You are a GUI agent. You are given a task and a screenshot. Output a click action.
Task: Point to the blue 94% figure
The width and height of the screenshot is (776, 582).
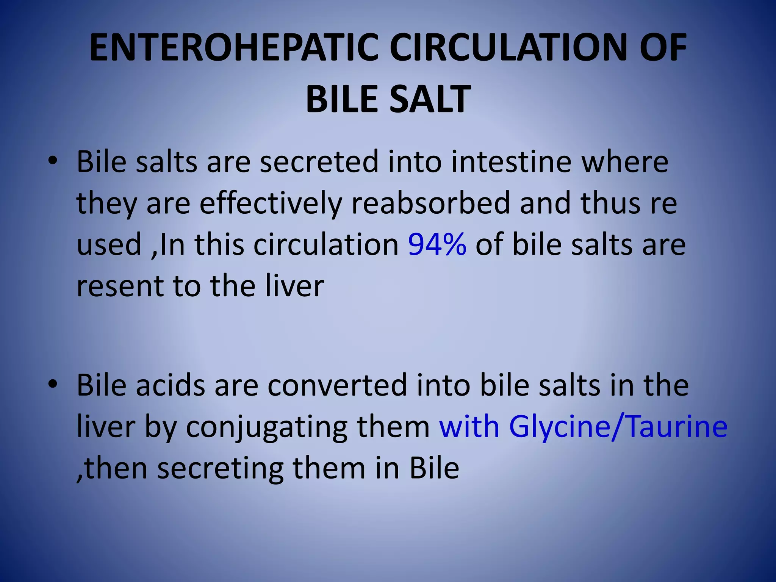(x=437, y=244)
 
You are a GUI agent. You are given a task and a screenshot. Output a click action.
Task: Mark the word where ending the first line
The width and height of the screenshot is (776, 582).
(x=625, y=162)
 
